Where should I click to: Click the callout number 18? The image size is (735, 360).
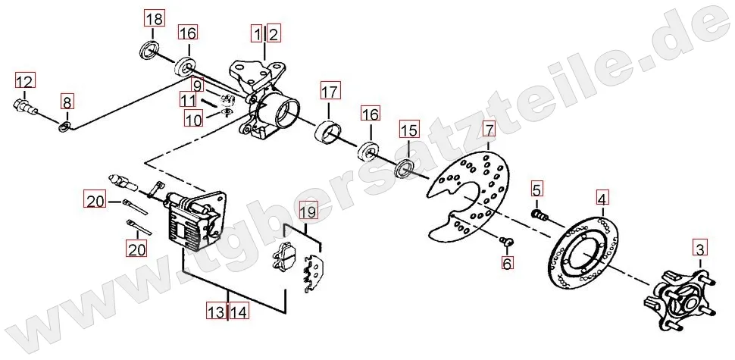tap(154, 19)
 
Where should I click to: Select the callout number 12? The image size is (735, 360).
tap(24, 82)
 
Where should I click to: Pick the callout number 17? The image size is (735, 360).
tap(329, 92)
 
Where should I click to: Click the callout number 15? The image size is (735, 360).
tap(408, 130)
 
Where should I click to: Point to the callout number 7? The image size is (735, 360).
tap(488, 130)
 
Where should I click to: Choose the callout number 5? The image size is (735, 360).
tap(536, 189)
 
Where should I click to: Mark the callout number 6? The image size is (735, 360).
tap(507, 263)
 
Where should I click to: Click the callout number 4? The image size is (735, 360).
tap(602, 199)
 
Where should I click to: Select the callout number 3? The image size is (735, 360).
tap(699, 249)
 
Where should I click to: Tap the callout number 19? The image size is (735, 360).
tap(308, 212)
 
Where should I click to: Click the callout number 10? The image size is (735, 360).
tap(193, 120)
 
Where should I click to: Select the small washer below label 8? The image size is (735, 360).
tap(64, 126)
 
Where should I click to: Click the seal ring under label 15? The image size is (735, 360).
tap(405, 169)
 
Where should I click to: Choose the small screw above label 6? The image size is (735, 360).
tap(507, 241)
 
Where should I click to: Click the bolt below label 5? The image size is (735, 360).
tap(540, 214)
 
